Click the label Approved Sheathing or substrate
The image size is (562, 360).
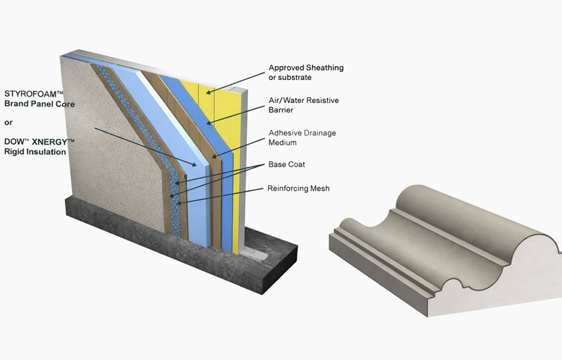tap(306, 72)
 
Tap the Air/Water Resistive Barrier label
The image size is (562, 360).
tap(303, 105)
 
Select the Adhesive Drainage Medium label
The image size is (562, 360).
tap(302, 138)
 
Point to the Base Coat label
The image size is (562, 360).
tap(286, 164)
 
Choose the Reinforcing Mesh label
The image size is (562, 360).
tap(298, 189)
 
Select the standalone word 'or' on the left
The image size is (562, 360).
tap(8, 122)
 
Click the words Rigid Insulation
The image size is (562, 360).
tap(35, 152)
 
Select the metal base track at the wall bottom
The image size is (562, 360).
tap(254, 253)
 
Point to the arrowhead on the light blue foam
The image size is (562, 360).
tap(194, 164)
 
